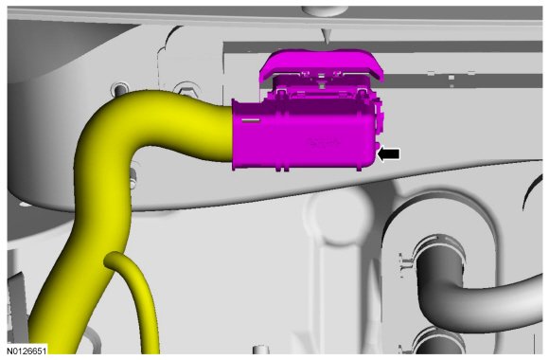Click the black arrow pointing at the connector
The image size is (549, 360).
pyautogui.click(x=389, y=153)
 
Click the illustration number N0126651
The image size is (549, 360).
pyautogui.click(x=27, y=351)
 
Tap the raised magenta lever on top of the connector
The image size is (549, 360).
pyautogui.click(x=322, y=64)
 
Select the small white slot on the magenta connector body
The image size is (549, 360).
pyautogui.click(x=251, y=120)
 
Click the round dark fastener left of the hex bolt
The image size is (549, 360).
pyautogui.click(x=120, y=88)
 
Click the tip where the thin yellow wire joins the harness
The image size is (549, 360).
pyautogui.click(x=109, y=259)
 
